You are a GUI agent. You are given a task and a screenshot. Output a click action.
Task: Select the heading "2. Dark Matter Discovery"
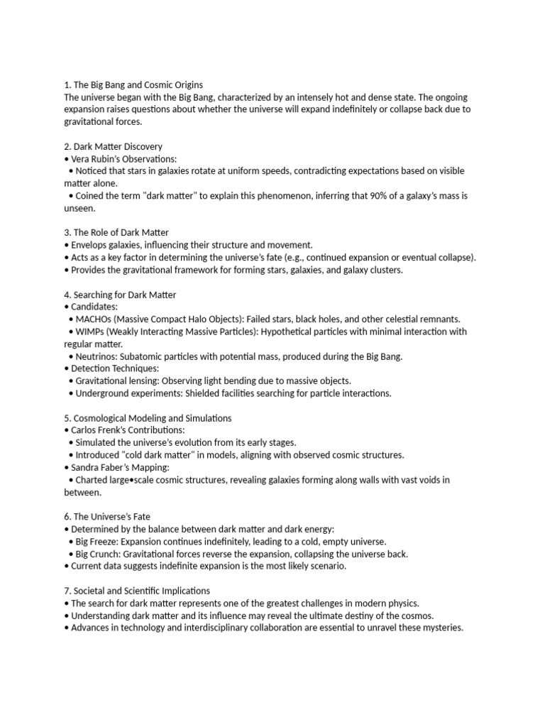113,146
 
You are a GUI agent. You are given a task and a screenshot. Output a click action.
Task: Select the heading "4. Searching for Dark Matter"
120,294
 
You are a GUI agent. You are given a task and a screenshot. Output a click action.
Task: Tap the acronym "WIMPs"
92,332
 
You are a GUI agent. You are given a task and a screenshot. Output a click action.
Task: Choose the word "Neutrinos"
97,356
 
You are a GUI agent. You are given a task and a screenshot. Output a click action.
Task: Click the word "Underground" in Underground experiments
104,393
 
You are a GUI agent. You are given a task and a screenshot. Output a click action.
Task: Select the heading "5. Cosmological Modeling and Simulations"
148,417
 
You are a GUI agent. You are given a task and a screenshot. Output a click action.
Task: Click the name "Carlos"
85,430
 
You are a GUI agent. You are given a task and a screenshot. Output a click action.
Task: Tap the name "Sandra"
87,466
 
